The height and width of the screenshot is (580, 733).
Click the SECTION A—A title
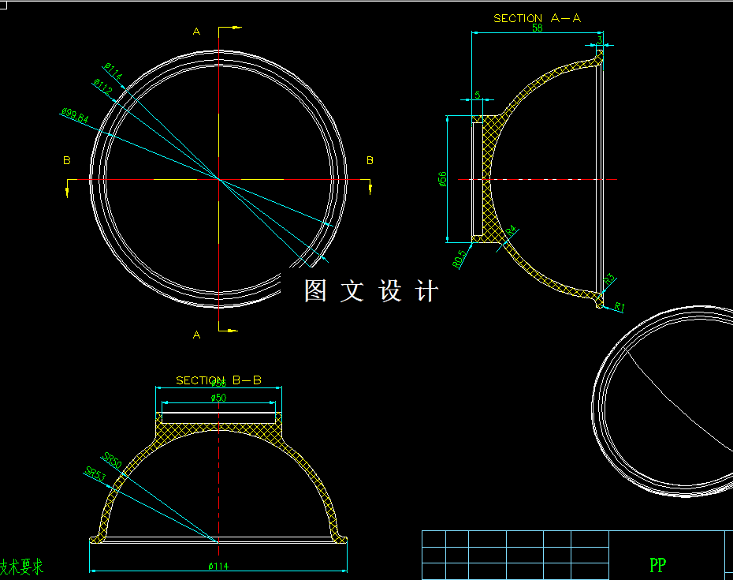click(x=537, y=18)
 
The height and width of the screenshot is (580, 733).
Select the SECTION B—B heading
click(x=218, y=380)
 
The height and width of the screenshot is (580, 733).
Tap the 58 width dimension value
click(x=538, y=28)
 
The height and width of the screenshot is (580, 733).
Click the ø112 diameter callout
click(x=102, y=87)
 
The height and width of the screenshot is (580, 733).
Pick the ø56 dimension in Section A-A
click(x=443, y=179)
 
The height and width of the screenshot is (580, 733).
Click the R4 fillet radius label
click(x=511, y=231)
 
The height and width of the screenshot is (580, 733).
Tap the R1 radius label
click(x=620, y=306)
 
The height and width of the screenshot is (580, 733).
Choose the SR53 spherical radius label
click(x=95, y=473)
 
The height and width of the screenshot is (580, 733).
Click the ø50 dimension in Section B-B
click(x=218, y=399)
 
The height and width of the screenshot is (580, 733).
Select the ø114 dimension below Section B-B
click(x=218, y=566)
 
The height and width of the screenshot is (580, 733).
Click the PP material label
click(x=657, y=565)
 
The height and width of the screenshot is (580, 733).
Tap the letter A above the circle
click(x=197, y=32)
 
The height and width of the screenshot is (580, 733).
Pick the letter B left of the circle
click(x=67, y=161)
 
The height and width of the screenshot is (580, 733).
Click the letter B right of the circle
click(x=370, y=161)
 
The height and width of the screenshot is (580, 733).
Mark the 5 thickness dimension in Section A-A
click(x=477, y=95)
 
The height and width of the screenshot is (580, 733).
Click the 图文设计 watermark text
click(x=370, y=291)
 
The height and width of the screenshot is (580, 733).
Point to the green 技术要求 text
click(x=21, y=567)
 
